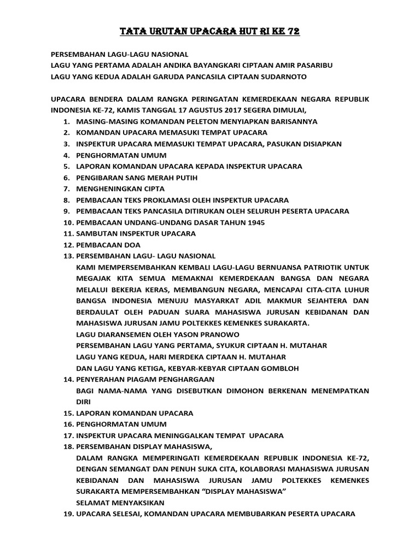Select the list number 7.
[x=66, y=189]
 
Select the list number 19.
[x=66, y=514]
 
